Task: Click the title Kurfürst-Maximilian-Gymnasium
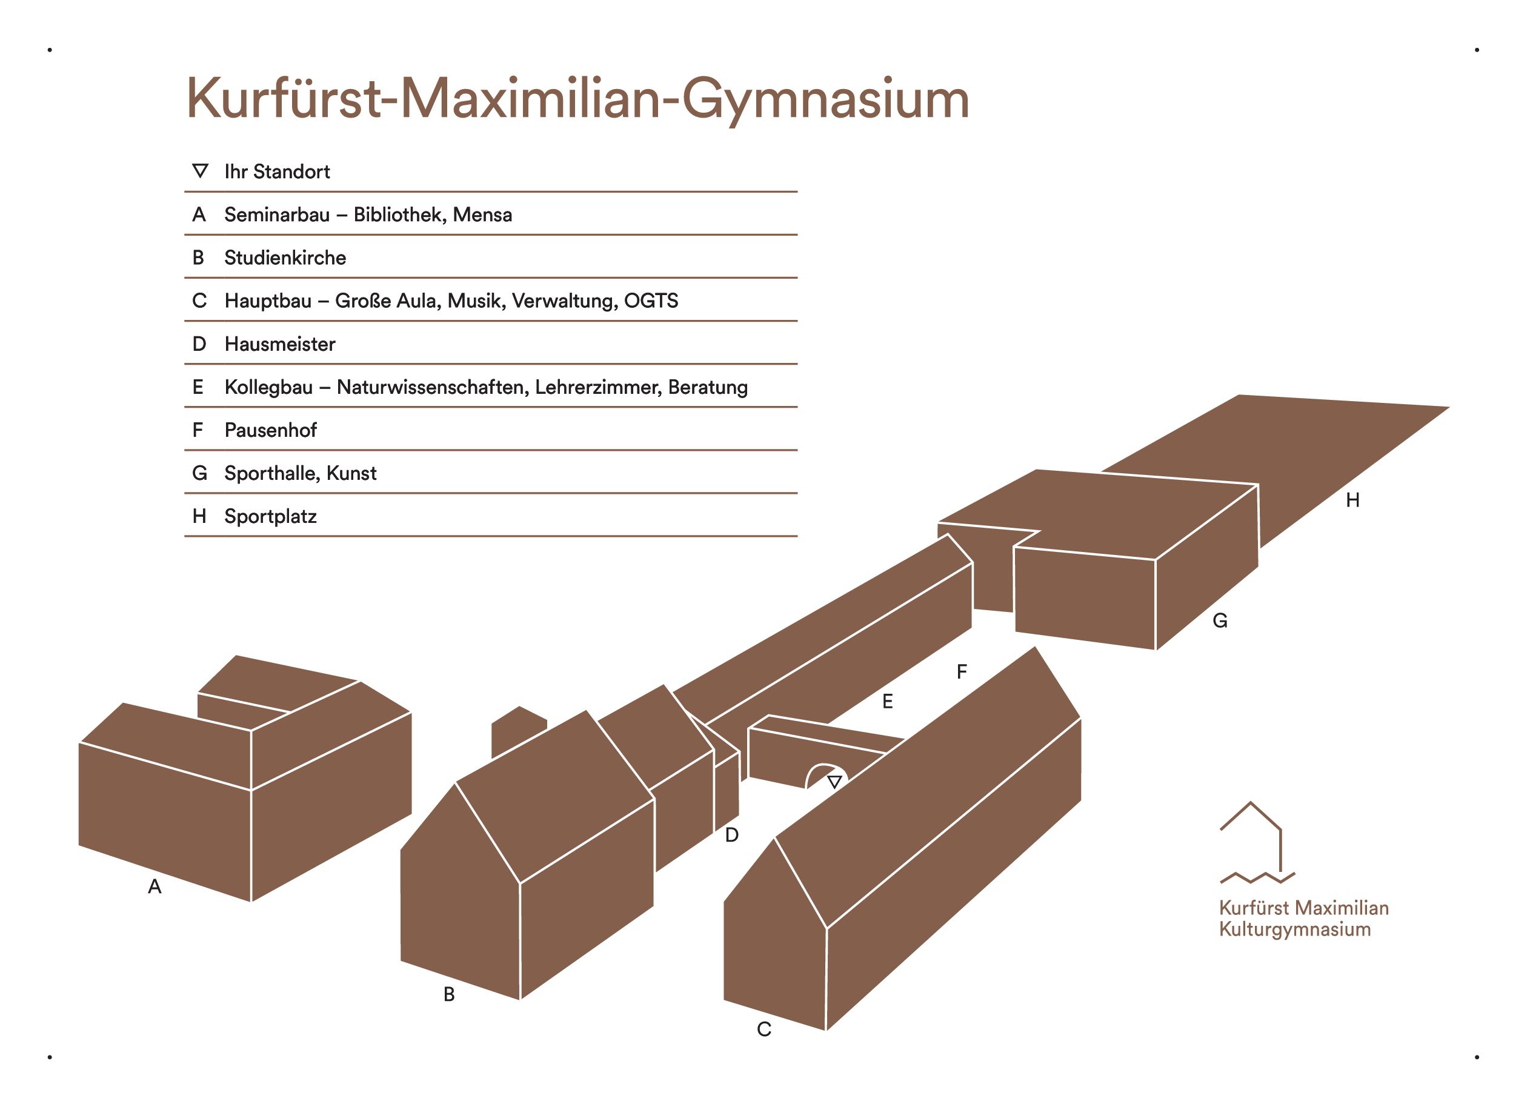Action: click(577, 99)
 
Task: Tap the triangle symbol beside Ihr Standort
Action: click(200, 170)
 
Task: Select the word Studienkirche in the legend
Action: click(285, 258)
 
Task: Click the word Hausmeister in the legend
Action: click(280, 344)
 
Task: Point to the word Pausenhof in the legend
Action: click(271, 430)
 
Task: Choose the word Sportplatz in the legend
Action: click(271, 516)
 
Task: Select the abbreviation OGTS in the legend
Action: click(651, 301)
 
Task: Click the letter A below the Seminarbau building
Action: click(155, 887)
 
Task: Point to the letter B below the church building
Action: click(449, 994)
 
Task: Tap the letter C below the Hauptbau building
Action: click(763, 1029)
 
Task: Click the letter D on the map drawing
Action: click(732, 836)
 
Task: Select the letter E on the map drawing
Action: click(887, 702)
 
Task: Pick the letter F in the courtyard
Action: click(962, 671)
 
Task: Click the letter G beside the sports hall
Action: click(1220, 621)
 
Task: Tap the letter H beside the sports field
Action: click(1352, 500)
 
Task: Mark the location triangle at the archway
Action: click(834, 782)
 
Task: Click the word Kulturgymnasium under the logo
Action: click(1294, 930)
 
